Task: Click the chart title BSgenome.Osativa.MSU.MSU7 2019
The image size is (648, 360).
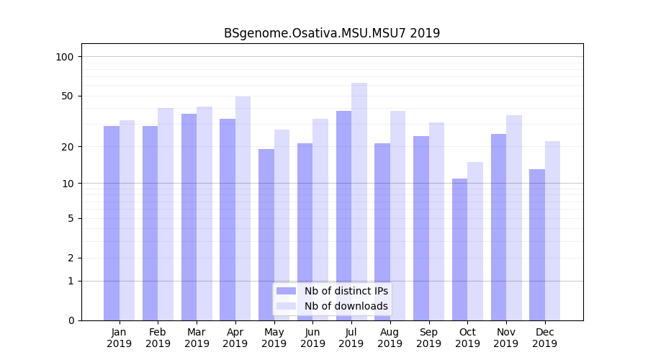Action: point(331,33)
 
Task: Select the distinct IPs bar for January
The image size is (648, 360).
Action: point(112,223)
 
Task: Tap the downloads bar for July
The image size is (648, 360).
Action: point(359,202)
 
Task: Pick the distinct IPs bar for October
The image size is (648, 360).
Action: point(459,249)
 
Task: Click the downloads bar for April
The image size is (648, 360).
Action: point(243,208)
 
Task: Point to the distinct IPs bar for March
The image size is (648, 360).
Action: point(189,217)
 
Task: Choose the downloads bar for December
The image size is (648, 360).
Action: point(552,230)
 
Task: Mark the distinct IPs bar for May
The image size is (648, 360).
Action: point(266,235)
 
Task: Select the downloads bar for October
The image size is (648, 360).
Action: point(475,241)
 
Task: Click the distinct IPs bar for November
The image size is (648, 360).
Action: point(498,227)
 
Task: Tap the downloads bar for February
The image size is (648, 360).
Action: point(166,214)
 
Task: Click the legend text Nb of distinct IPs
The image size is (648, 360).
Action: point(346,291)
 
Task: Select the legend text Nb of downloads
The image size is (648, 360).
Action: point(346,306)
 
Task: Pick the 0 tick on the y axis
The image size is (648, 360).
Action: point(71,320)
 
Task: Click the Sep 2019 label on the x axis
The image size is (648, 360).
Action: point(428,338)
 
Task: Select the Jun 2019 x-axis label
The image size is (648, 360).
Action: point(312,338)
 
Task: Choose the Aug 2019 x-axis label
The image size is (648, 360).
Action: point(390,338)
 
